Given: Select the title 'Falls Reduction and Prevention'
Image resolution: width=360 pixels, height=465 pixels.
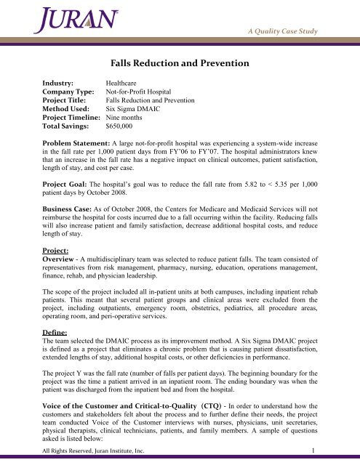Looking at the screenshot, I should coord(180,64).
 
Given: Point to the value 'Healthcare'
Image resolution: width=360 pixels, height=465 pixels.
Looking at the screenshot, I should coord(125,84).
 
